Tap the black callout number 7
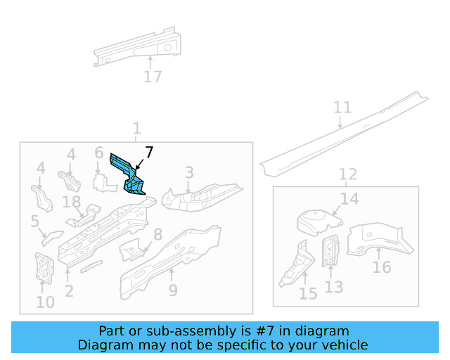click(148, 153)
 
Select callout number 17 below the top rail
click(153, 77)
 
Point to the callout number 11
click(342, 108)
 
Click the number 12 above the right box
click(347, 174)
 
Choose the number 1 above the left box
click(136, 129)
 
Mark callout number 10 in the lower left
click(44, 302)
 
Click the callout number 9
click(172, 290)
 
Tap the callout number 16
click(382, 267)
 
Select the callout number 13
click(334, 287)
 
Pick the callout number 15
click(308, 294)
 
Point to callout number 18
click(71, 202)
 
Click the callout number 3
click(188, 172)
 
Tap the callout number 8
click(157, 235)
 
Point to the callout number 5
click(34, 221)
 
